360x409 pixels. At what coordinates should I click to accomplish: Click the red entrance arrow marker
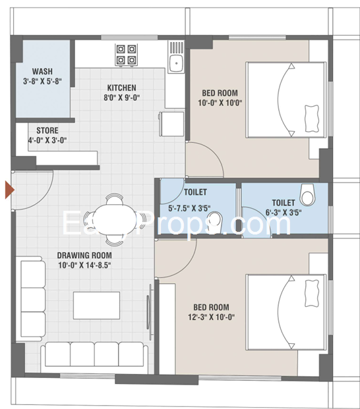pyautogui.click(x=9, y=190)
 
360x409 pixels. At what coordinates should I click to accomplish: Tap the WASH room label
pyautogui.click(x=43, y=71)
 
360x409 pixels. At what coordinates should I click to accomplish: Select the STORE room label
pyautogui.click(x=47, y=130)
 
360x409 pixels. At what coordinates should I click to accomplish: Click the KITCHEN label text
pyautogui.click(x=122, y=88)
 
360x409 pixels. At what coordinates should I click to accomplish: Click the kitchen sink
pyautogui.click(x=175, y=63)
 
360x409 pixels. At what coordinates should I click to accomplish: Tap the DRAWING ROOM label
pyautogui.click(x=84, y=256)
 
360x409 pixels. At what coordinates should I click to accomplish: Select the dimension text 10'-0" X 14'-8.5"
pyautogui.click(x=84, y=265)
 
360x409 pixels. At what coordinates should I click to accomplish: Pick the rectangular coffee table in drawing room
pyautogui.click(x=96, y=304)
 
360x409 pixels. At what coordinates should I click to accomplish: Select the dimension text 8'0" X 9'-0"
pyautogui.click(x=122, y=97)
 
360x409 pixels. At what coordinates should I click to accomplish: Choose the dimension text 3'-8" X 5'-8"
pyautogui.click(x=43, y=81)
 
